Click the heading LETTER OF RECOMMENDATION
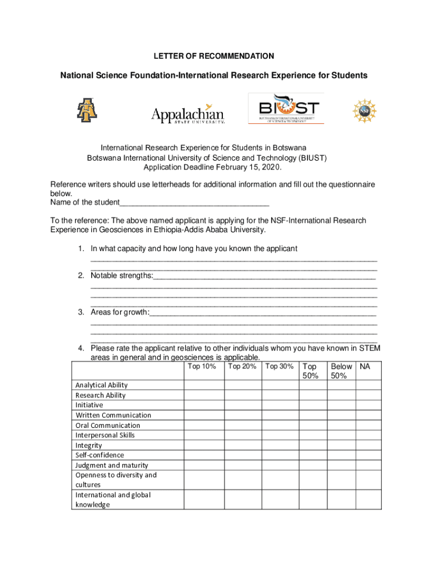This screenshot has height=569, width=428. click(x=214, y=56)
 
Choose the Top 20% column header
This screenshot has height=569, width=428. click(x=242, y=366)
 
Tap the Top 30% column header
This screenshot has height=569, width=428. click(x=280, y=366)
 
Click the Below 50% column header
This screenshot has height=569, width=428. click(x=341, y=371)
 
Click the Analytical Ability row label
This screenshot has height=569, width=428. click(x=102, y=385)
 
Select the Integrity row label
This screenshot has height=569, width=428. click(x=89, y=446)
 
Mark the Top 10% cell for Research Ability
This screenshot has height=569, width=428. click(x=203, y=395)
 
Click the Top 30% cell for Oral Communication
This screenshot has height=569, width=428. click(x=280, y=425)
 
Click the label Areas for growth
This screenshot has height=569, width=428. click(x=120, y=312)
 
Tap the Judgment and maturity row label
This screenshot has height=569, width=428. click(x=112, y=465)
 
